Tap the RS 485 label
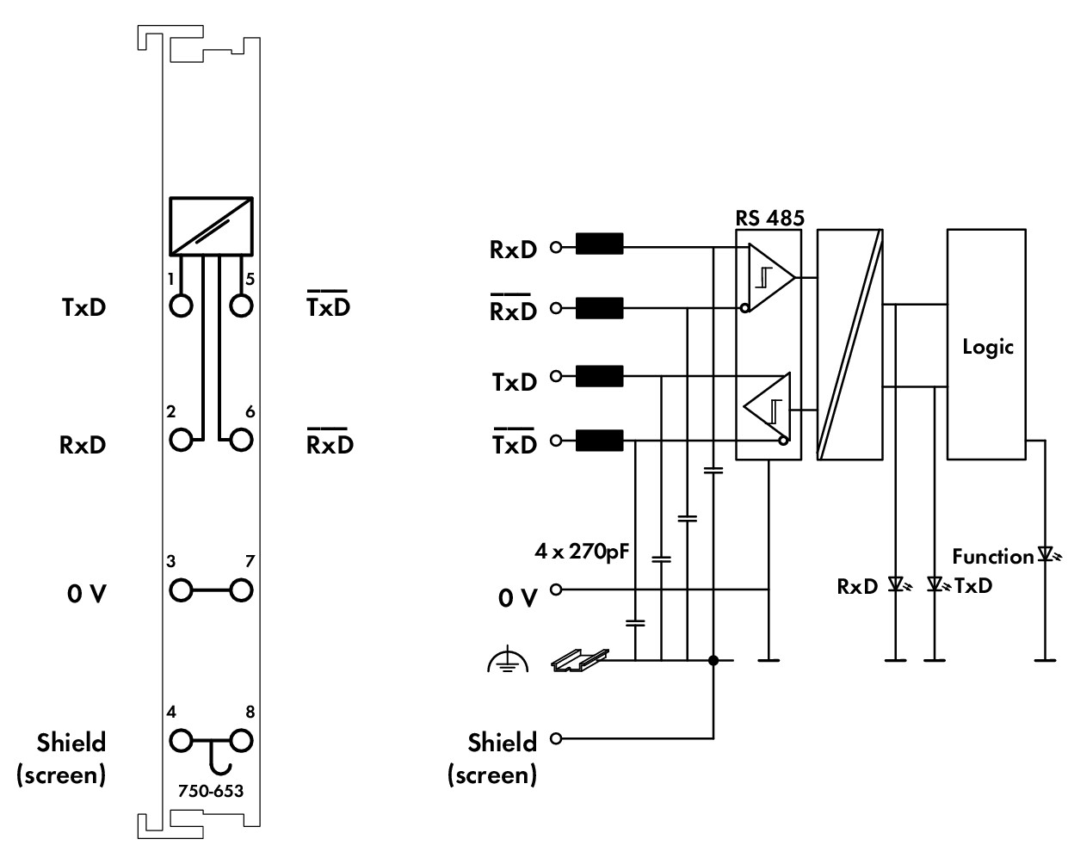[769, 218]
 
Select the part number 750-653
[211, 791]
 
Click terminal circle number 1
[181, 305]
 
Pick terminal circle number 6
[241, 440]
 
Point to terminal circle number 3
[181, 590]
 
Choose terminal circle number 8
[241, 741]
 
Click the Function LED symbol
[1046, 554]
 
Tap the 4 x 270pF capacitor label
[582, 552]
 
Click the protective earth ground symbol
[508, 660]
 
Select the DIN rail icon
[580, 660]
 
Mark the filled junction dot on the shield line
[713, 660]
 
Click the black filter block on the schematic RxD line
[599, 244]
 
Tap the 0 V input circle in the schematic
[556, 589]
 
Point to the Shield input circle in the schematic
[556, 738]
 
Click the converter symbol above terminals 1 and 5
[211, 226]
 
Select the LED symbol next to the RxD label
[897, 584]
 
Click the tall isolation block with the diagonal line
[850, 344]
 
